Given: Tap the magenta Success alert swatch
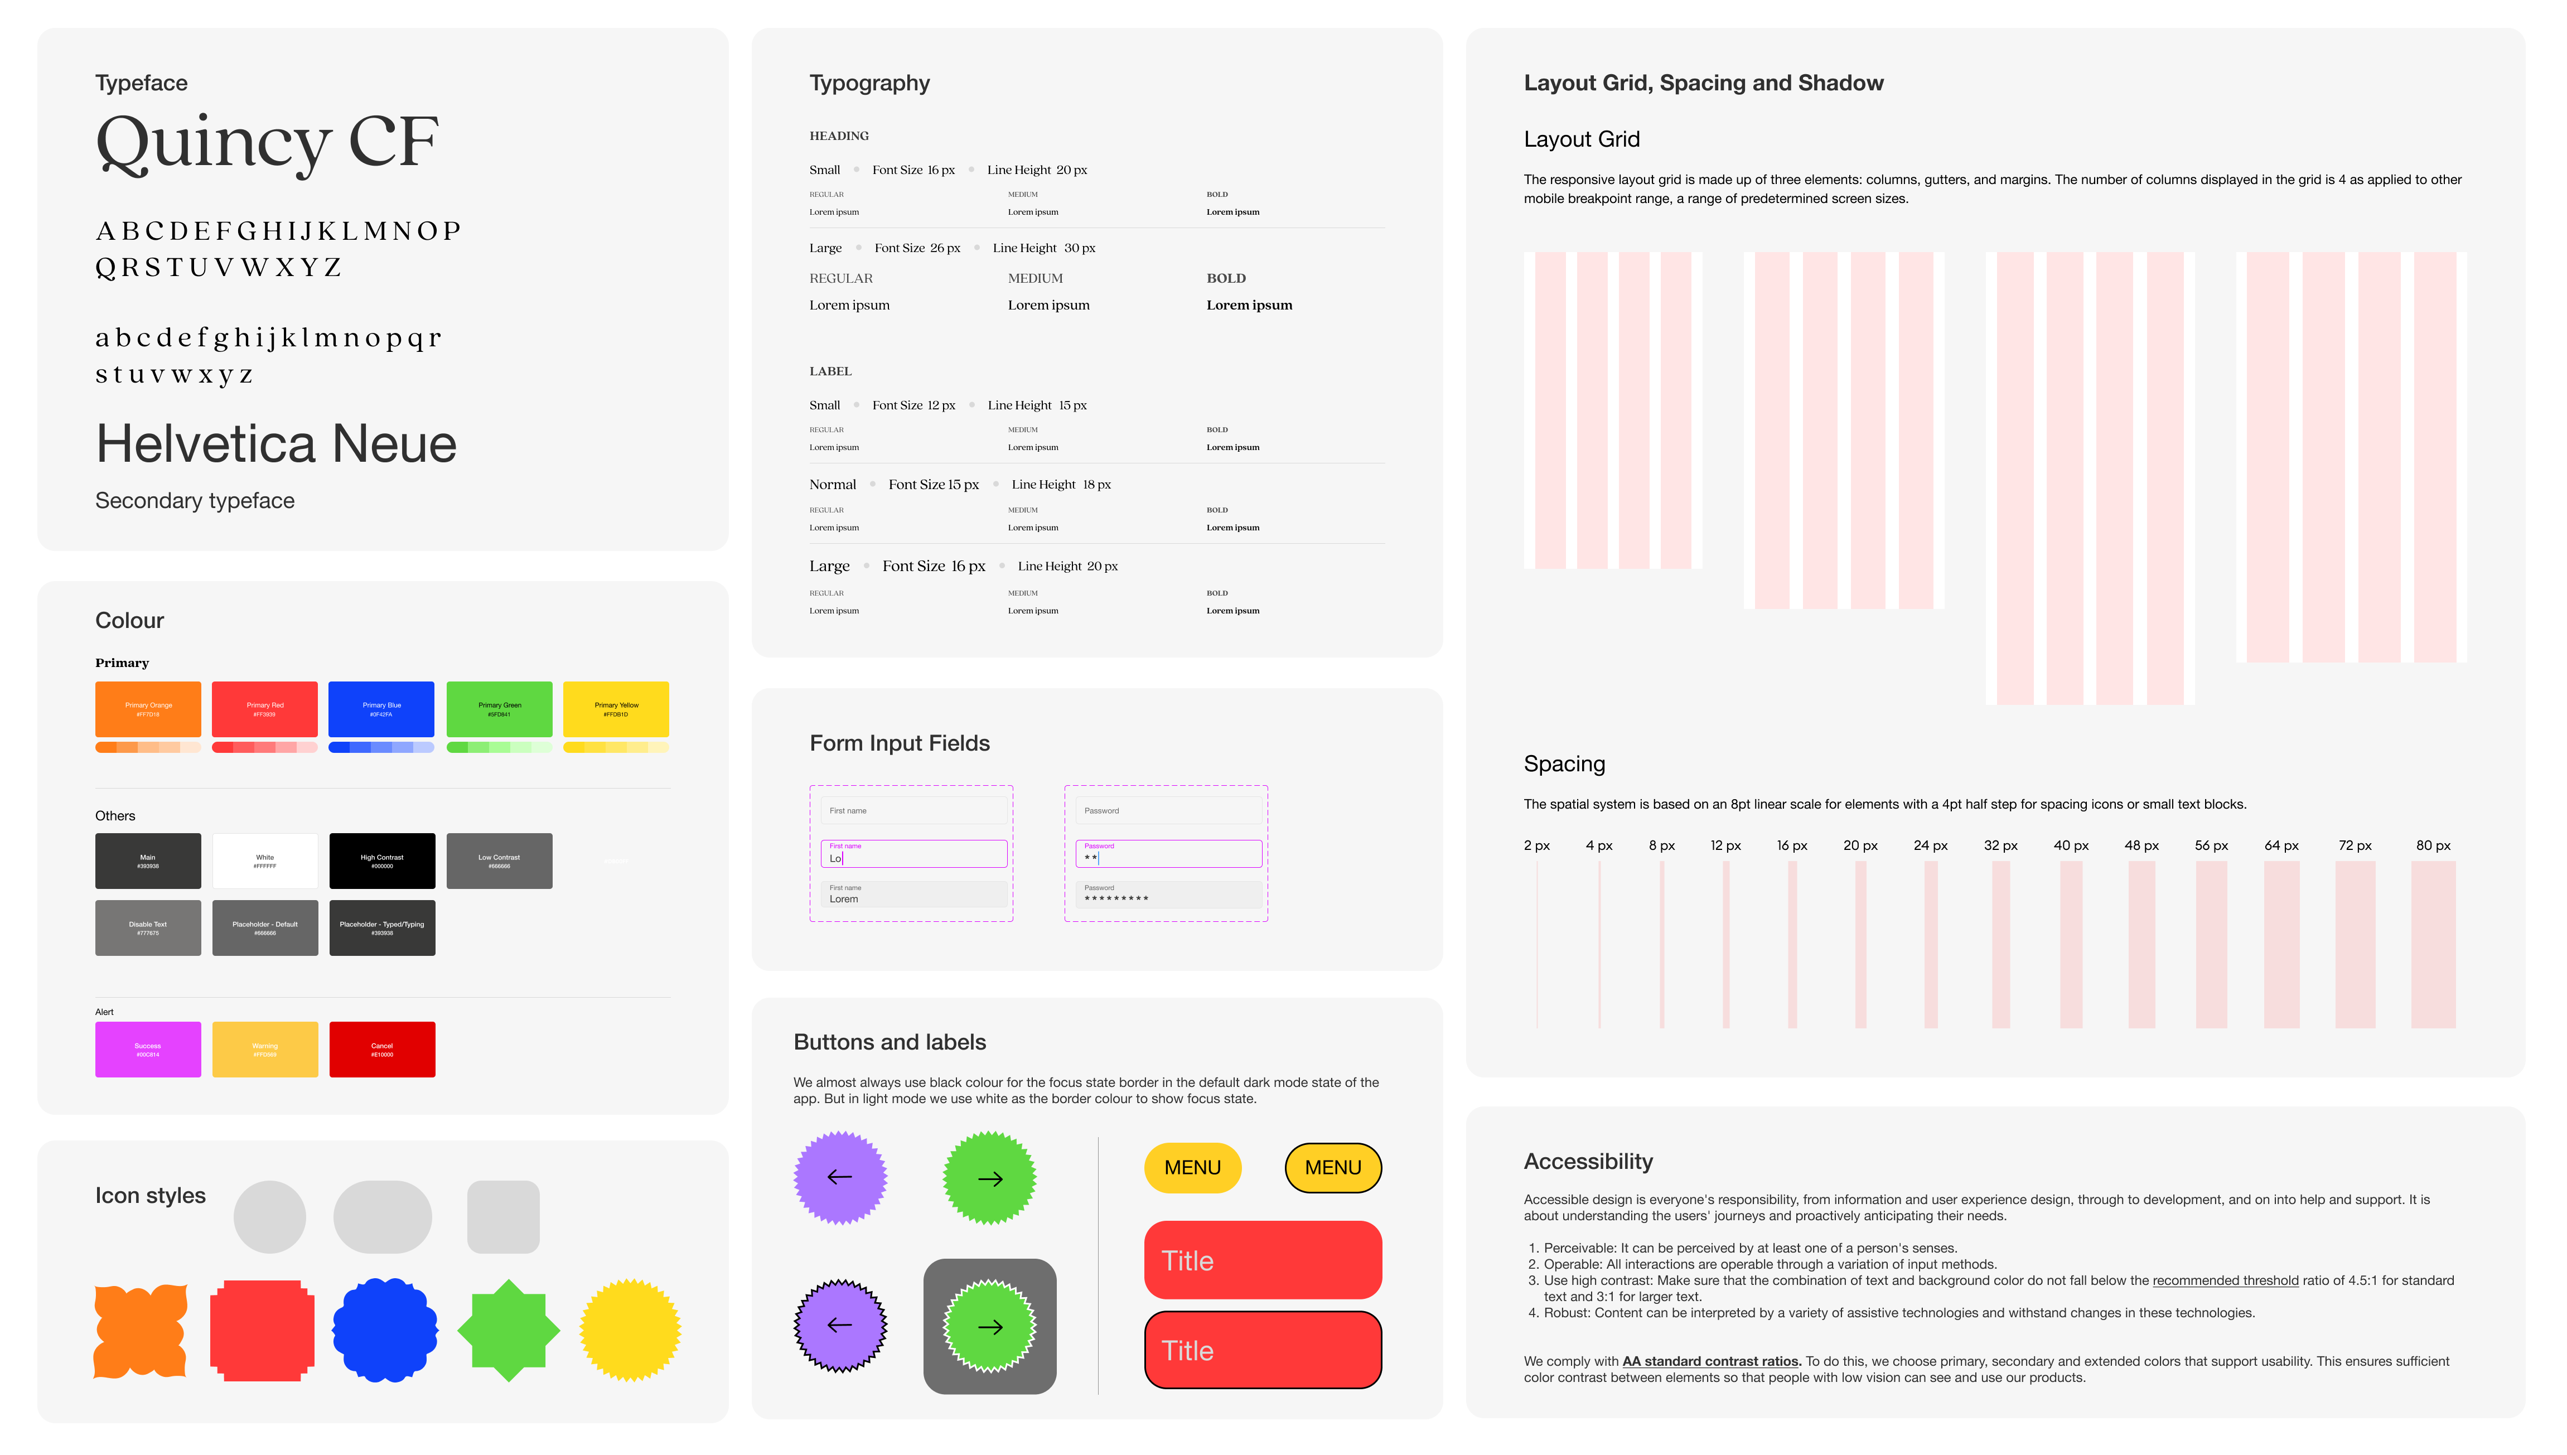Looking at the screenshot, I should [148, 1048].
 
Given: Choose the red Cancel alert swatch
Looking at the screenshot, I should [381, 1048].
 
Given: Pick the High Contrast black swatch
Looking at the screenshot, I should [381, 861].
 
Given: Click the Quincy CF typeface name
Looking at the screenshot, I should [267, 143].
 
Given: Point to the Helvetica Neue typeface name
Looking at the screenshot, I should [276, 444].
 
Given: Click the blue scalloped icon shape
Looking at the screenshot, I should [385, 1330].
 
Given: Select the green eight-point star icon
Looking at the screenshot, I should [509, 1330].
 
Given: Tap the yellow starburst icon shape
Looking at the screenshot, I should [631, 1330].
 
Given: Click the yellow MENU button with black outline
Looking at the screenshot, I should [1332, 1167].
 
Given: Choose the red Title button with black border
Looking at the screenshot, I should [1262, 1350].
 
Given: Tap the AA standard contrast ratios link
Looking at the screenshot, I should [1710, 1361].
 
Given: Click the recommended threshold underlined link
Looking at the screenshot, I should [2224, 1280].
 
